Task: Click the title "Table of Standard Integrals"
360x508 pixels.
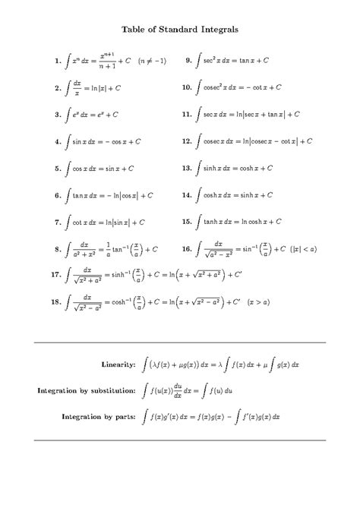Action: pos(180,30)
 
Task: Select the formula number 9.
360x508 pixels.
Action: pos(188,59)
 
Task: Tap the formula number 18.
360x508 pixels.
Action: pos(54,301)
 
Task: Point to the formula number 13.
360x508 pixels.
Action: pos(186,168)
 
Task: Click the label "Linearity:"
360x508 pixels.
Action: pos(119,364)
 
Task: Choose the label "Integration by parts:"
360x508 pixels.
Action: pos(99,416)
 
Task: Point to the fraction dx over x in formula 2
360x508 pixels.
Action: pos(79,87)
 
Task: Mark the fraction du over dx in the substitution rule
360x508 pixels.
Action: pos(178,390)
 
